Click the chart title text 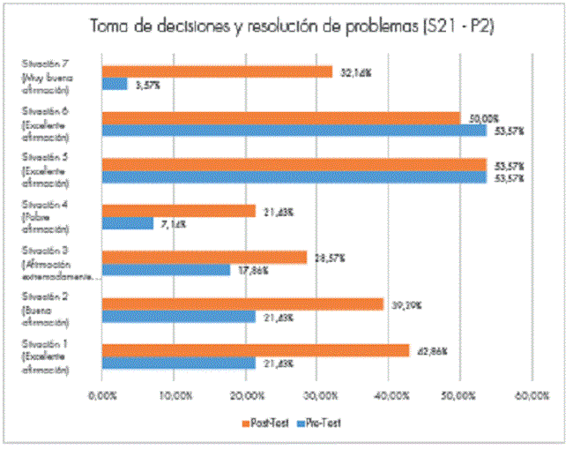(x=291, y=26)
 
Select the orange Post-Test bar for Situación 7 (x=217, y=71)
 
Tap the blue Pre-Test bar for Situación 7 (x=115, y=84)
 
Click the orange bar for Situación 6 (x=281, y=118)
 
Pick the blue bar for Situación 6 (x=294, y=131)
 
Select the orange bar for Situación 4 (x=179, y=211)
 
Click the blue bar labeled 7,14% (x=128, y=223)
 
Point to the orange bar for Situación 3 (x=205, y=257)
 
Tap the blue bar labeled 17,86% (x=166, y=269)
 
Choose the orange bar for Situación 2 (x=243, y=304)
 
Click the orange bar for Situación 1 (x=256, y=350)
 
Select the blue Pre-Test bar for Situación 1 (x=179, y=363)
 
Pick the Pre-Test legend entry (x=318, y=423)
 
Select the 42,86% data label (x=432, y=351)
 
